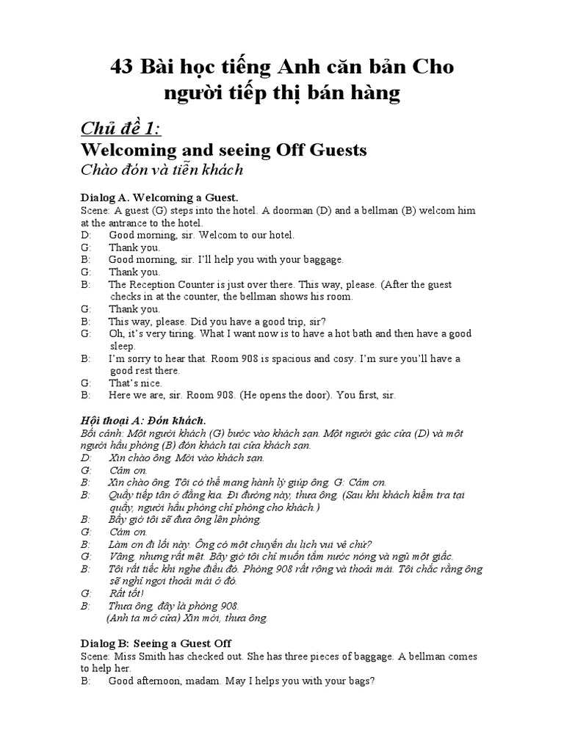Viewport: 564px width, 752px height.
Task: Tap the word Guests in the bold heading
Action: click(331, 151)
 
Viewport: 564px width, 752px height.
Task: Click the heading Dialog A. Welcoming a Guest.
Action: click(159, 198)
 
